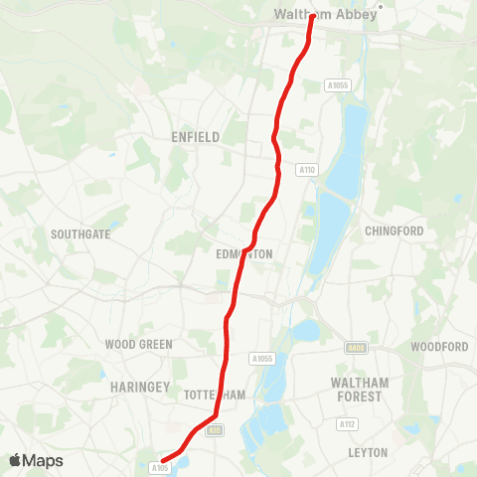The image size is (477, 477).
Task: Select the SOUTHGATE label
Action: (x=79, y=235)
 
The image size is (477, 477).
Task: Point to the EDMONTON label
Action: (x=244, y=254)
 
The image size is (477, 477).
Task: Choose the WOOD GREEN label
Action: (x=138, y=345)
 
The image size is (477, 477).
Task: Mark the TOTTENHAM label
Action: (x=215, y=395)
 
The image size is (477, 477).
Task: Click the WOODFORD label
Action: (x=439, y=347)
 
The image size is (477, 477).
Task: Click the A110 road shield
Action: (x=306, y=171)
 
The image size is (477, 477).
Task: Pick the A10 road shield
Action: (x=216, y=428)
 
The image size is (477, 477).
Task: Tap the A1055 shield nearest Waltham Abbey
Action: (x=338, y=86)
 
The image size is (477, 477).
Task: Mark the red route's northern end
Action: (x=312, y=16)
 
